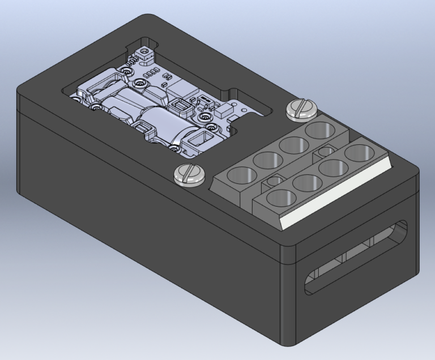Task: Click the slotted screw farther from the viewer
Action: coord(301,109)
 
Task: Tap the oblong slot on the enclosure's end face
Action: coord(356,258)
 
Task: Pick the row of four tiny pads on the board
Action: coord(151,74)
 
